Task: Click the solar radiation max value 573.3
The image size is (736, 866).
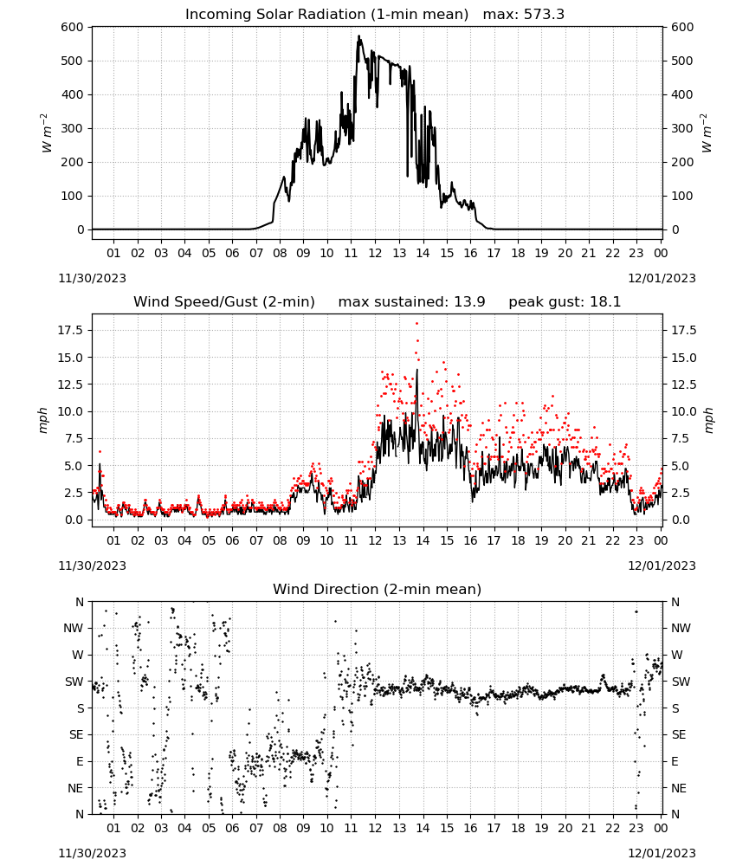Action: (544, 14)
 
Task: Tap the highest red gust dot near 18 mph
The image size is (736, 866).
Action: (416, 323)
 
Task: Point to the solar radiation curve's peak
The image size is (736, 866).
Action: (358, 36)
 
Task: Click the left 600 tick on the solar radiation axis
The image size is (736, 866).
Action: (73, 27)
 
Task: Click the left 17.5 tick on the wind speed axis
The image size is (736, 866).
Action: (71, 330)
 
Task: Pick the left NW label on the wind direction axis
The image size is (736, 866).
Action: (74, 629)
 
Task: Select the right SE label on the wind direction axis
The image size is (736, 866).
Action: (679, 734)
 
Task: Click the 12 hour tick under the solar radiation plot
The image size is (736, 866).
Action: (375, 253)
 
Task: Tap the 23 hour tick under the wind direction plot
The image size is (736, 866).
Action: (636, 828)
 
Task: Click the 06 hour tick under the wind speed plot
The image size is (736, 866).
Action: (232, 540)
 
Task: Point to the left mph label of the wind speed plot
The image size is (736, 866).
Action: (43, 420)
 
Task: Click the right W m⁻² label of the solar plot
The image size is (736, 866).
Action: (707, 133)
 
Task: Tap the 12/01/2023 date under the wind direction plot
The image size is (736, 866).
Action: (662, 853)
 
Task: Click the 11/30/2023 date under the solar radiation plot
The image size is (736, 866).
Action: (92, 278)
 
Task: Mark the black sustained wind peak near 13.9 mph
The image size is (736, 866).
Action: (416, 370)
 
